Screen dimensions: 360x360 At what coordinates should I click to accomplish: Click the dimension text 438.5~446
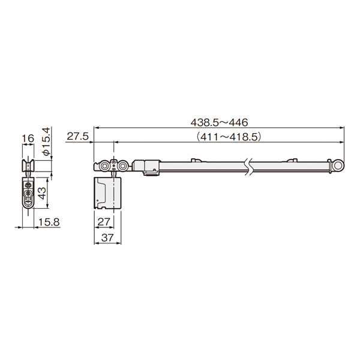(x=219, y=122)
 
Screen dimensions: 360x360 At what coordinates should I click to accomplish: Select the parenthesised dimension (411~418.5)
(x=229, y=137)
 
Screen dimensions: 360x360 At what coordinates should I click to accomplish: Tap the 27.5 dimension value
(x=77, y=137)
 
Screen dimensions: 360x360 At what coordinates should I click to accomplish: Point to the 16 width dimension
(x=28, y=139)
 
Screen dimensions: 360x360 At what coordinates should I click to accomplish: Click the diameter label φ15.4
(x=46, y=142)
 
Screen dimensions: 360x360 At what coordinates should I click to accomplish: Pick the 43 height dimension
(x=42, y=193)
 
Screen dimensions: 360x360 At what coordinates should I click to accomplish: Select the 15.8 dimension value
(x=49, y=222)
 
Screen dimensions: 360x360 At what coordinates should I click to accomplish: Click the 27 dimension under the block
(x=104, y=222)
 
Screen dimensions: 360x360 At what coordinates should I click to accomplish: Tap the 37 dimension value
(x=107, y=238)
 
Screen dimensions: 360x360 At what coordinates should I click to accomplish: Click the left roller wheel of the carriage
(x=104, y=166)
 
